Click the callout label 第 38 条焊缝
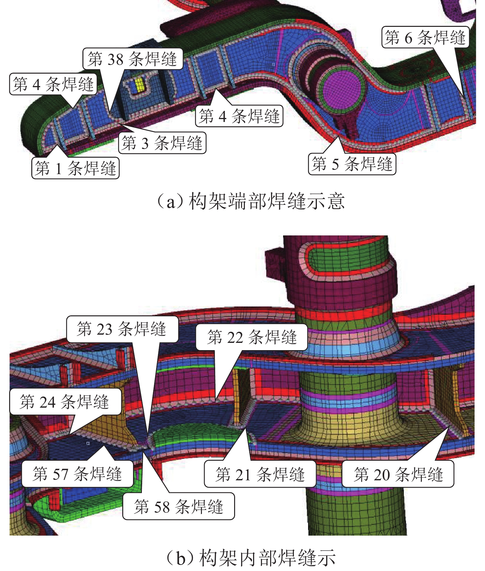point(133,59)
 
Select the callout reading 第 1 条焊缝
point(76,168)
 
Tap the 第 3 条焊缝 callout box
point(162,143)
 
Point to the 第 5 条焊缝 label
point(352,164)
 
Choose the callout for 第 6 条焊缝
point(425,37)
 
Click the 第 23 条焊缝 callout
point(122,329)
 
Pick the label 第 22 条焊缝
point(252,337)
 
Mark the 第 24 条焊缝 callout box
point(65,402)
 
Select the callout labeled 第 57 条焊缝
point(77,474)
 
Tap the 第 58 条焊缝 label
point(179,506)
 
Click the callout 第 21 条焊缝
point(260,474)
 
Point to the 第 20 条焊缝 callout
point(398,474)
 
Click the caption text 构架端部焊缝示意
point(266,201)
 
